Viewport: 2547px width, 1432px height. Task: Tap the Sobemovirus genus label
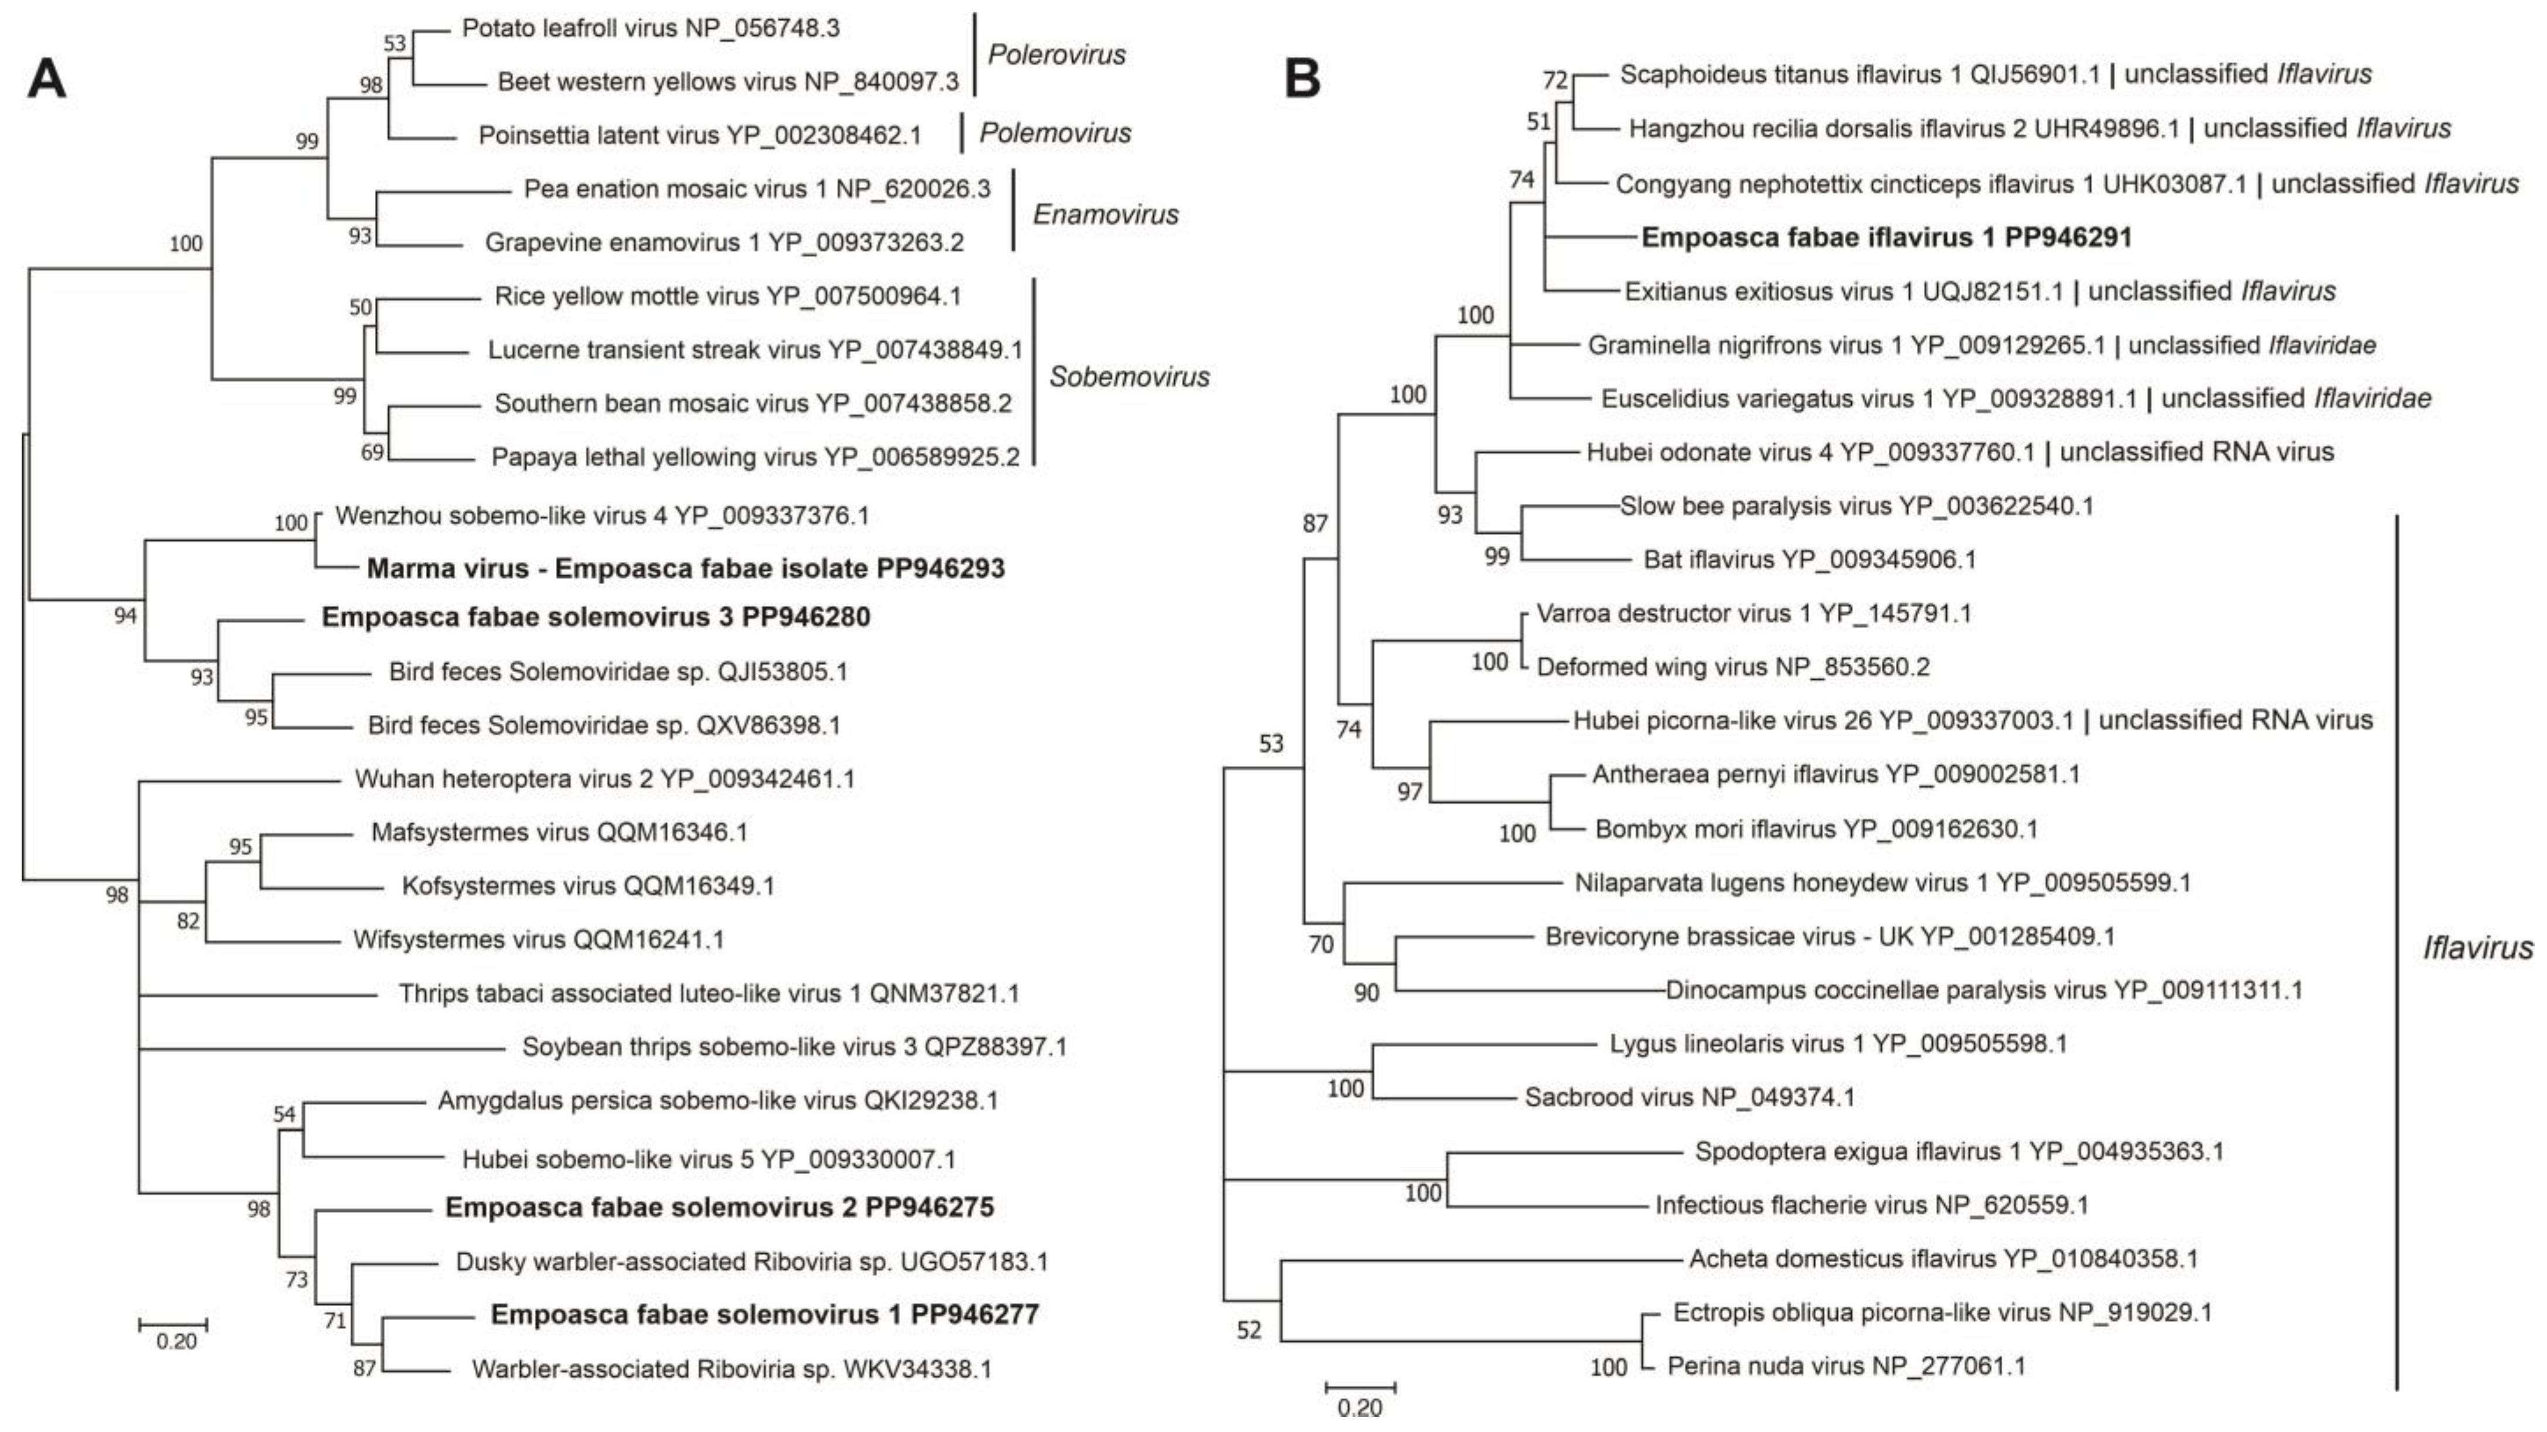pos(1129,377)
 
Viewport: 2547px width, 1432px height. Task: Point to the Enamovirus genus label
pos(1105,214)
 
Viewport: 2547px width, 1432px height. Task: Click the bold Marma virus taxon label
pos(685,569)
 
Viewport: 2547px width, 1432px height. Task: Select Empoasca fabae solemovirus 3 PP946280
pos(595,617)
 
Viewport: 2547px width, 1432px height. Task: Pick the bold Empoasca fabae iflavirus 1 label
pos(1886,237)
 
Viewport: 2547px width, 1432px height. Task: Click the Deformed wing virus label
pos(1732,667)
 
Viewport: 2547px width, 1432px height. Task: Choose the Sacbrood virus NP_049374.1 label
pos(1689,1097)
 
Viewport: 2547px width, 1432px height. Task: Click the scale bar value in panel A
pos(176,1342)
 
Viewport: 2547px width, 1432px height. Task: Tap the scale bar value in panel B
pos(1359,1407)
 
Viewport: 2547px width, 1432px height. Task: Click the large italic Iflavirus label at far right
pos(2477,947)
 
